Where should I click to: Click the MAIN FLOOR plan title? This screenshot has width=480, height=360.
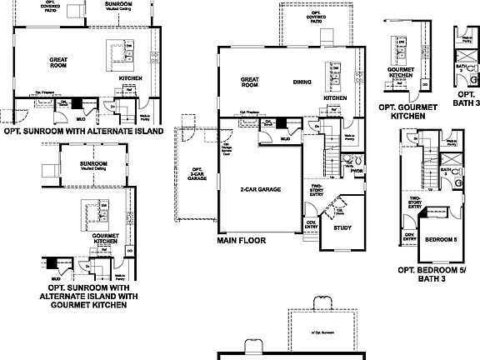242,241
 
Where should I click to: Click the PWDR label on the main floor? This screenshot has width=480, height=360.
357,171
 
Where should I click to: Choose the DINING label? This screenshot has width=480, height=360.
304,82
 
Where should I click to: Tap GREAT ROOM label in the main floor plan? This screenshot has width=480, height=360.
250,82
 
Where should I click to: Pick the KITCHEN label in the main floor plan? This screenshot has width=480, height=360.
334,97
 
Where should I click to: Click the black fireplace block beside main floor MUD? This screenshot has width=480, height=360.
282,122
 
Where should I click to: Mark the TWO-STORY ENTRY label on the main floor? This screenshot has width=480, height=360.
317,191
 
